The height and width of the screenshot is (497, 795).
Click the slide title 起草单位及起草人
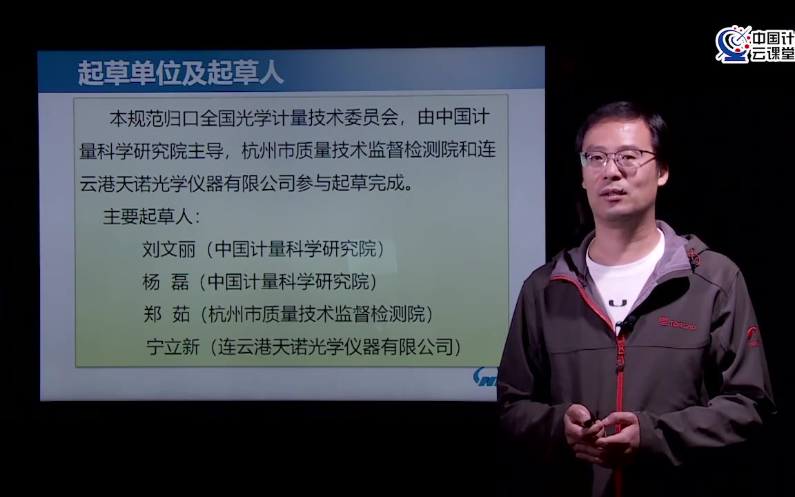(x=180, y=72)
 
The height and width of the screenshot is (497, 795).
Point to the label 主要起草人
(x=148, y=217)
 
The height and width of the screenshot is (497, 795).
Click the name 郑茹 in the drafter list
(x=167, y=315)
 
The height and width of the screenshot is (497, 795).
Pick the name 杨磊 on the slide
(x=166, y=282)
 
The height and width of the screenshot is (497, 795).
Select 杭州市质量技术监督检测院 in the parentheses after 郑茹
(x=316, y=315)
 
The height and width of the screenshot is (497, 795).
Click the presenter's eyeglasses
(x=618, y=159)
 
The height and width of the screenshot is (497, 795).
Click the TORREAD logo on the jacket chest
(x=678, y=324)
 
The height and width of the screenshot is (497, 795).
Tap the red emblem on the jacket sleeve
(x=754, y=336)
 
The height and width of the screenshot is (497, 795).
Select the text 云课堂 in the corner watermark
(x=772, y=53)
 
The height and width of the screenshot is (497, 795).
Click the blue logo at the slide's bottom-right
(x=485, y=378)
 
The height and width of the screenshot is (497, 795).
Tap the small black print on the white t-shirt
(x=618, y=303)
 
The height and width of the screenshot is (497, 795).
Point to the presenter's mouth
(x=614, y=194)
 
